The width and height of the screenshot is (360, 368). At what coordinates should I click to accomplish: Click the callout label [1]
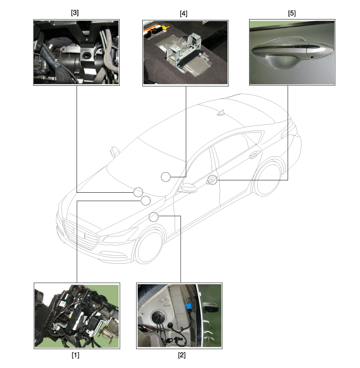tap(75, 355)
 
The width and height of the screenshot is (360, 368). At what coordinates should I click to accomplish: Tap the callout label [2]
tap(182, 355)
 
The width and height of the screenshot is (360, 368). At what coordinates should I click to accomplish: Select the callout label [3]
tap(74, 13)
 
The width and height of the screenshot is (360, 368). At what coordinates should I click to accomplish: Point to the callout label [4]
tap(183, 13)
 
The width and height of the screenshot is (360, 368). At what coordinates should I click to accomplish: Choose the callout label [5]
tap(292, 13)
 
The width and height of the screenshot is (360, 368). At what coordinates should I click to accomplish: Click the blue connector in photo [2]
tap(188, 306)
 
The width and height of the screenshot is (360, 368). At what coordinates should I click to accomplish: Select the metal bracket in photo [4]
tap(185, 50)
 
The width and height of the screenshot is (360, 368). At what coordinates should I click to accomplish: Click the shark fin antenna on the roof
tap(221, 113)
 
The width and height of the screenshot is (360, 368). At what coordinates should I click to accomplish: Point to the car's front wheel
tap(149, 247)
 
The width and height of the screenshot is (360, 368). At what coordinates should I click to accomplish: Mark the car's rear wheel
tap(268, 178)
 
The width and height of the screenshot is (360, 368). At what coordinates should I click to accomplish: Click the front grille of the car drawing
tap(81, 234)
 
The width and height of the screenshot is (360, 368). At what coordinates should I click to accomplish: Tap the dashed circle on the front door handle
tap(213, 180)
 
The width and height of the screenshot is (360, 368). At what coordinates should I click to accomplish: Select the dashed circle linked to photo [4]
tap(166, 177)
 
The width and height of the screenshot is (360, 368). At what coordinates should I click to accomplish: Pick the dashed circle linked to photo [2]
tap(154, 217)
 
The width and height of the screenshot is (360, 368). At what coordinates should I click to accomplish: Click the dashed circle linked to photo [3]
tap(138, 192)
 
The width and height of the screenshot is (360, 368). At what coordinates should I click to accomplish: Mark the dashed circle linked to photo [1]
tap(146, 200)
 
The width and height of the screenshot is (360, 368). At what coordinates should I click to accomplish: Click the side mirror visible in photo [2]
tap(211, 307)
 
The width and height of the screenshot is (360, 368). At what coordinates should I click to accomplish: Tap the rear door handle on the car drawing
tap(254, 155)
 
